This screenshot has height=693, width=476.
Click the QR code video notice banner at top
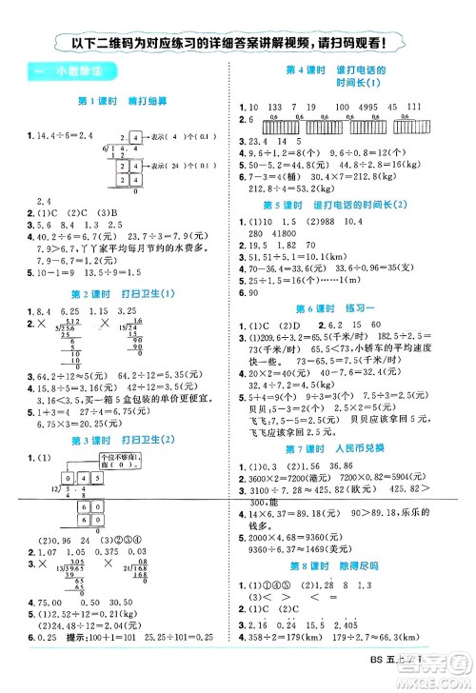[237, 42]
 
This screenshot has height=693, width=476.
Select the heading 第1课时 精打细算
[118, 101]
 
